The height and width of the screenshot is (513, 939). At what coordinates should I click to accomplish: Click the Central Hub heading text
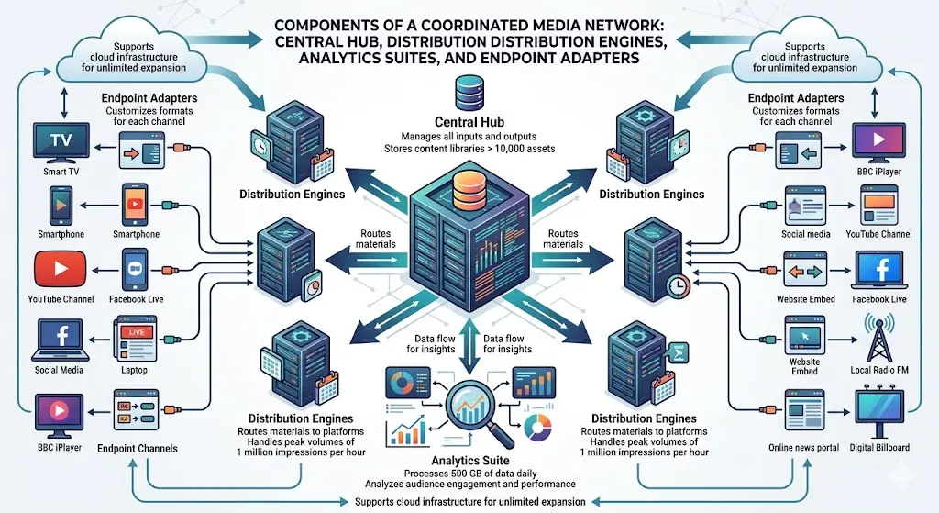pos(469,122)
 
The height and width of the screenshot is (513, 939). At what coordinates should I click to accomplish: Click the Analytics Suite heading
pos(469,460)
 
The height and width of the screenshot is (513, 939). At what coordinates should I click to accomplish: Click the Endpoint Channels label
pos(138,449)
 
